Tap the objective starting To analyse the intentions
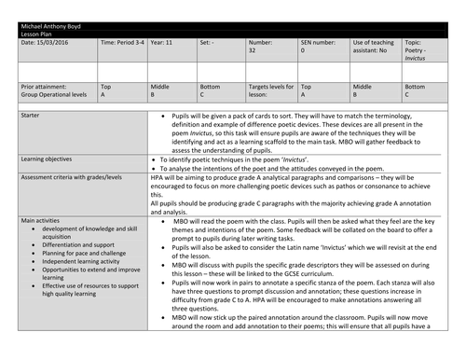click(294, 173)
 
